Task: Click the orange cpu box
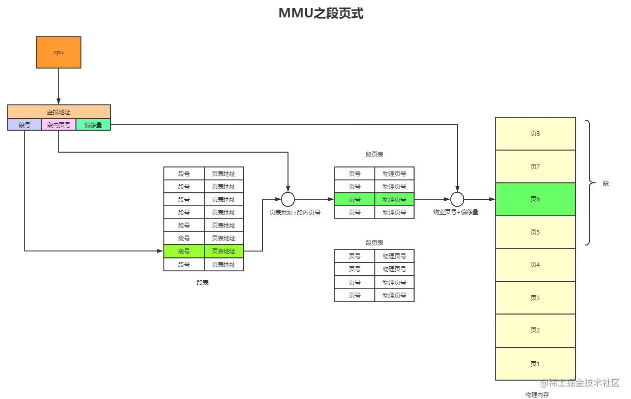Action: click(x=59, y=52)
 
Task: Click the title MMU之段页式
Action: click(x=321, y=13)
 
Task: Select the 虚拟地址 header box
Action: click(x=59, y=112)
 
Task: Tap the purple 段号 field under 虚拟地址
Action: click(x=24, y=125)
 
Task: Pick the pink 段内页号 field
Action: click(x=59, y=125)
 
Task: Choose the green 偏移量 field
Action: click(x=93, y=125)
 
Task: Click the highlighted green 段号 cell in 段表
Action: click(x=184, y=251)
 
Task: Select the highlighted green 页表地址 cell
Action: click(x=223, y=251)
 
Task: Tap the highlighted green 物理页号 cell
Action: click(x=394, y=199)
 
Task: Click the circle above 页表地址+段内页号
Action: click(x=288, y=199)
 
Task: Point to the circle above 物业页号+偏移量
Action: click(x=457, y=199)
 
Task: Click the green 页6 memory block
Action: click(x=535, y=199)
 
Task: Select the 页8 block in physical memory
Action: click(x=535, y=134)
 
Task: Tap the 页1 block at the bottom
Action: click(x=535, y=364)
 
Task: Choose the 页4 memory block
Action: click(x=535, y=265)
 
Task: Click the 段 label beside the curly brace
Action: click(x=606, y=183)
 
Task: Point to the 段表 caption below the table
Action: click(x=203, y=282)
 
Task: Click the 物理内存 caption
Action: click(x=537, y=395)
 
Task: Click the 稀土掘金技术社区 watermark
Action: click(x=581, y=383)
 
